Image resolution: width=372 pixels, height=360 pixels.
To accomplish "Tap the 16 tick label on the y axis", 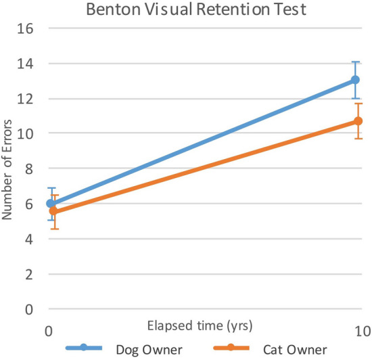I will click(26, 28).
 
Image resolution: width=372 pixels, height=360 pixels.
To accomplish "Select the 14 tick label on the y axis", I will click(26, 64).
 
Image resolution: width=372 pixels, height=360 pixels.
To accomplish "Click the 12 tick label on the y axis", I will click(26, 99).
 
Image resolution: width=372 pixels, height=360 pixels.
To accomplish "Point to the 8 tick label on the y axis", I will click(30, 168).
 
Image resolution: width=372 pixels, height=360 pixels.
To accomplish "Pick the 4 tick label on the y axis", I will click(30, 239).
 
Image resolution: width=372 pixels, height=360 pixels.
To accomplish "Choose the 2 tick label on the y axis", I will click(30, 274).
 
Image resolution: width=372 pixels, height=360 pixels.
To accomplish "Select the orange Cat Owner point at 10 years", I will click(358, 121).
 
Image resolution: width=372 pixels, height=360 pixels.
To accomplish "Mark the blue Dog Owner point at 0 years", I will click(50, 204).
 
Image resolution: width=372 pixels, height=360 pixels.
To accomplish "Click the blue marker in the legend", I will click(84, 348).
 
